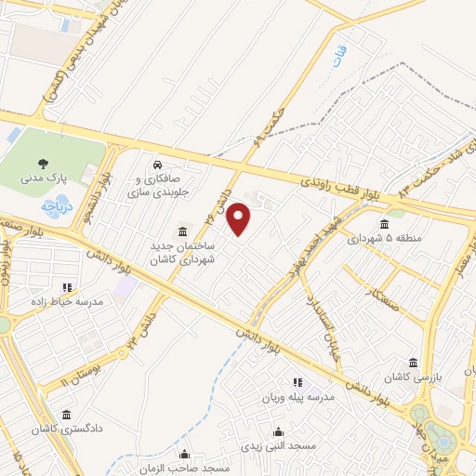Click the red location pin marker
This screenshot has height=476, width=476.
pyautogui.click(x=240, y=219)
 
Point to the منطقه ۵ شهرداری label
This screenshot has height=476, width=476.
pyautogui.click(x=385, y=238)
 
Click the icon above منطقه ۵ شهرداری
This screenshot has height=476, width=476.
pyautogui.click(x=385, y=223)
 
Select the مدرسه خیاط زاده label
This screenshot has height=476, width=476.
pyautogui.click(x=67, y=302)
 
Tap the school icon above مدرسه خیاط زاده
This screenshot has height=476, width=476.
pyautogui.click(x=67, y=287)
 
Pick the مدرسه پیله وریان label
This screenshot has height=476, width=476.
pyautogui.click(x=297, y=397)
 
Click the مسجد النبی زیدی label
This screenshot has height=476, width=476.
pyautogui.click(x=279, y=446)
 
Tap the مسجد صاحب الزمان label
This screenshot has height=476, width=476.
pyautogui.click(x=186, y=468)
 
